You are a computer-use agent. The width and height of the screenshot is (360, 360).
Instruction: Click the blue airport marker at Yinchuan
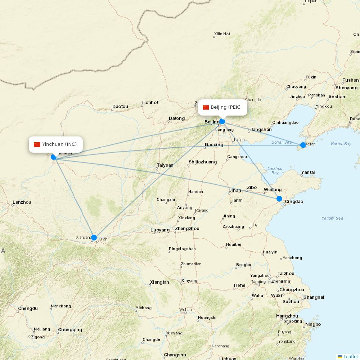[54, 157]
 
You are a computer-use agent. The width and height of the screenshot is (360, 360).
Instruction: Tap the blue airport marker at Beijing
[222, 121]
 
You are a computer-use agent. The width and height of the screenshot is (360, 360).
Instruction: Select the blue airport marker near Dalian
[303, 145]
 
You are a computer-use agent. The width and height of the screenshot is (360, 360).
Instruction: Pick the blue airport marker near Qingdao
[279, 198]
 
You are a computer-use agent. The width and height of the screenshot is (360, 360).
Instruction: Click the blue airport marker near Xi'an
[94, 237]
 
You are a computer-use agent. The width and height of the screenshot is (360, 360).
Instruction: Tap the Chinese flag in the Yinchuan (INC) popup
[37, 144]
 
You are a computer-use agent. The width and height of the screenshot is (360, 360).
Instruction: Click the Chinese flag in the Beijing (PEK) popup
[206, 107]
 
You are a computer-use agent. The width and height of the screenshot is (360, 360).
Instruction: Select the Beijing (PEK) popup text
[225, 107]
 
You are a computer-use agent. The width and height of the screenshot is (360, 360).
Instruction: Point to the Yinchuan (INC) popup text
[59, 144]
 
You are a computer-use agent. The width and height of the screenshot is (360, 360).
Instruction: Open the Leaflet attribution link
[350, 356]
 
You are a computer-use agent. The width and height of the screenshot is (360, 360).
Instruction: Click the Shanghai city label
[314, 297]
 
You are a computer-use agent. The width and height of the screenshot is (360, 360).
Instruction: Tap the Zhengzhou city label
[187, 229]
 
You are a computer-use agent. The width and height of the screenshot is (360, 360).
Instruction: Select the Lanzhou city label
[22, 202]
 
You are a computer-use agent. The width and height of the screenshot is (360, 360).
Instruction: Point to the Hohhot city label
[150, 103]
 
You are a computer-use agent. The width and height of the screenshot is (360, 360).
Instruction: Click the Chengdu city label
[28, 309]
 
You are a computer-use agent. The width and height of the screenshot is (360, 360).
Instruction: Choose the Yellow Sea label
[332, 218]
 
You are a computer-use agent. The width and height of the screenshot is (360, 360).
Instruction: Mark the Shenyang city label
[346, 88]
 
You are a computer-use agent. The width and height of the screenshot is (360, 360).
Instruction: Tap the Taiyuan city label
[165, 165]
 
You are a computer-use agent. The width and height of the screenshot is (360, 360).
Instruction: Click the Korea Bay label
[341, 144]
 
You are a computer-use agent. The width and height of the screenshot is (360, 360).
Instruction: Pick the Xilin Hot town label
[222, 34]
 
